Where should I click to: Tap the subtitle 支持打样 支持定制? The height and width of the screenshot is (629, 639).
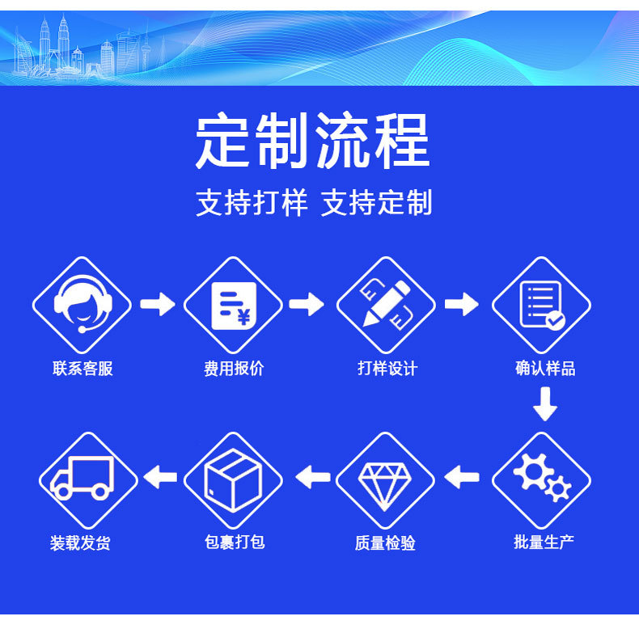(314, 203)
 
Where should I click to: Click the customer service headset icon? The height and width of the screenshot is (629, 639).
(82, 306)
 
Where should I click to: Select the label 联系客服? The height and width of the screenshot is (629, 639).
(83, 369)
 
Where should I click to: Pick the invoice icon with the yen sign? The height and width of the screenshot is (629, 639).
(233, 306)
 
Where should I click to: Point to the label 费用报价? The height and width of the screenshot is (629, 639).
(234, 369)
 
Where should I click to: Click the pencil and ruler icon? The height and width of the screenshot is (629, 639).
(386, 306)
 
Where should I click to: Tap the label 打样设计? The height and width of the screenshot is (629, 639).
(387, 369)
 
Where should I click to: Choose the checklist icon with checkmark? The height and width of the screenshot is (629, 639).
(541, 306)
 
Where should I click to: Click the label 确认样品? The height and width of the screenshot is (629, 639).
(545, 369)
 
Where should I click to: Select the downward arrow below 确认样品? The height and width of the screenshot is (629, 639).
(545, 403)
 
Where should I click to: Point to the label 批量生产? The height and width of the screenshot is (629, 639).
(544, 542)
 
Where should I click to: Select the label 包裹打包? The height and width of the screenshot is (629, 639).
(235, 542)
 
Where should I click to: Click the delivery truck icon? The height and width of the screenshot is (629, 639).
(82, 479)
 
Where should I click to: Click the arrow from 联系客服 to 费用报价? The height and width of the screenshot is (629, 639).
(157, 305)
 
